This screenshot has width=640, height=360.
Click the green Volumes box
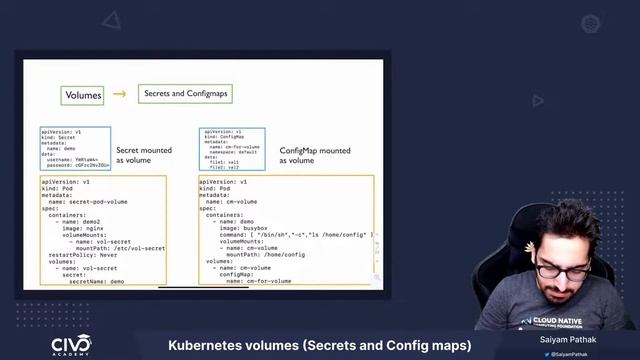(x=82, y=95)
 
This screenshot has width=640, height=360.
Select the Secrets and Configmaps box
(x=186, y=93)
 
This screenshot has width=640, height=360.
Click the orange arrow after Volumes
(x=119, y=94)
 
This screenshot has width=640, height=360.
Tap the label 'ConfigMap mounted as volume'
(x=313, y=155)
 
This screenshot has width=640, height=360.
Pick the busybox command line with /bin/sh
(x=296, y=235)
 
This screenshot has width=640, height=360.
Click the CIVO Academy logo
(x=71, y=345)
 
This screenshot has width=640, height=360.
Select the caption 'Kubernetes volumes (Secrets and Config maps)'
(x=319, y=346)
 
